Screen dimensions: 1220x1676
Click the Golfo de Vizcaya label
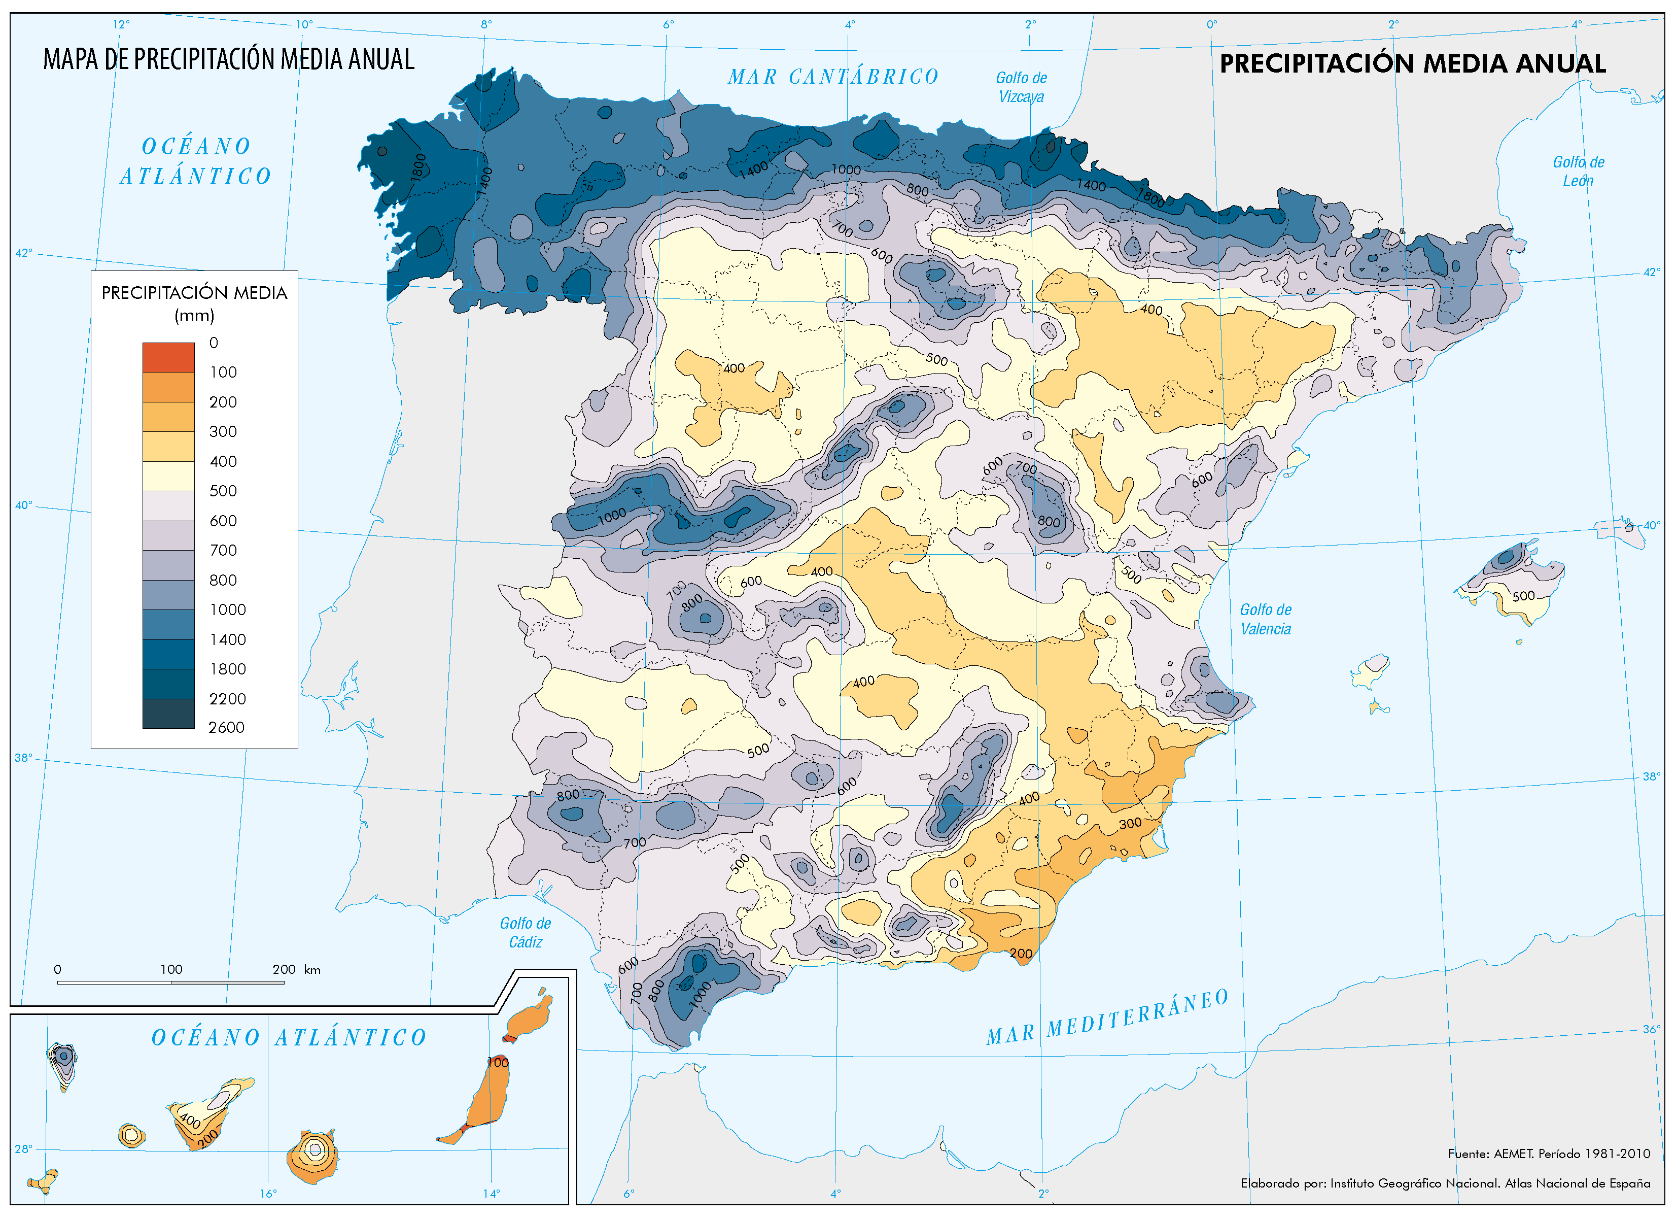point(1021,87)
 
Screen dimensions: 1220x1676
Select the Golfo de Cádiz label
point(526,932)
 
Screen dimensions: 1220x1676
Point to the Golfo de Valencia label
point(1265,619)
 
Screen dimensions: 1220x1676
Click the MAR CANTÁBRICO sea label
point(833,77)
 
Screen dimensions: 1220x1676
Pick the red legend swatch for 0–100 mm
point(168,357)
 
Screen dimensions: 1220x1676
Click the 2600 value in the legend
point(226,728)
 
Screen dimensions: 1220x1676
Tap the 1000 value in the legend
point(228,610)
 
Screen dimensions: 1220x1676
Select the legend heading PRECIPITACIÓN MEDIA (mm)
point(194,303)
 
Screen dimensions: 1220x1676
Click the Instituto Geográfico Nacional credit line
point(1445,1183)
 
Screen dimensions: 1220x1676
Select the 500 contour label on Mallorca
point(1523,596)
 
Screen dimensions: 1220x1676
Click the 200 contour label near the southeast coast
point(1021,954)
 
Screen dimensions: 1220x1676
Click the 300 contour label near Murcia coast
point(1129,824)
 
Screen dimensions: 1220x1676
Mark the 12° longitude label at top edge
point(121,24)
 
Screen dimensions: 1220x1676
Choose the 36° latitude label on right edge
point(1651,1029)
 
